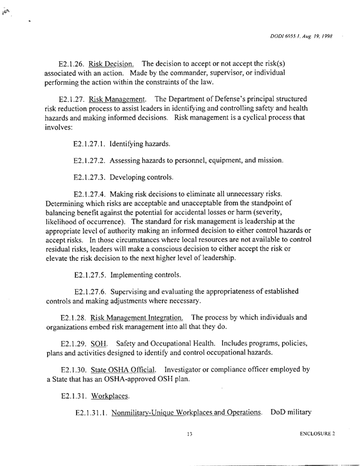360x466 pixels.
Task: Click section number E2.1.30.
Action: pyautogui.click(x=74, y=369)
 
